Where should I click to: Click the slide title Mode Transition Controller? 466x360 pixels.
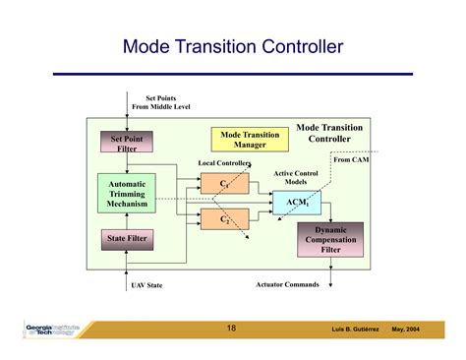tap(233, 46)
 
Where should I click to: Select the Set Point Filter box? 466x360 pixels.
tap(125, 144)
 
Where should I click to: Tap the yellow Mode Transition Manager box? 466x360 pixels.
tap(250, 140)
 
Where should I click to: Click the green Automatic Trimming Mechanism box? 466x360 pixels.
tap(127, 195)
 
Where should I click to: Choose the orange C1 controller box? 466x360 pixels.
tap(224, 183)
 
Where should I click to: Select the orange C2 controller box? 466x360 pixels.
tap(224, 218)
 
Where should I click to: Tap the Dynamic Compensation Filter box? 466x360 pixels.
tap(330, 238)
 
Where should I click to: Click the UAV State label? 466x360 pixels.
tap(146, 285)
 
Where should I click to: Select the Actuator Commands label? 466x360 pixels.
tap(287, 284)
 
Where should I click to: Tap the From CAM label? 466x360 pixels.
tap(351, 158)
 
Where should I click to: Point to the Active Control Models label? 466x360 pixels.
tap(296, 177)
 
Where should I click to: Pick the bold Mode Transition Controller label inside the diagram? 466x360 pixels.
tap(329, 133)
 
